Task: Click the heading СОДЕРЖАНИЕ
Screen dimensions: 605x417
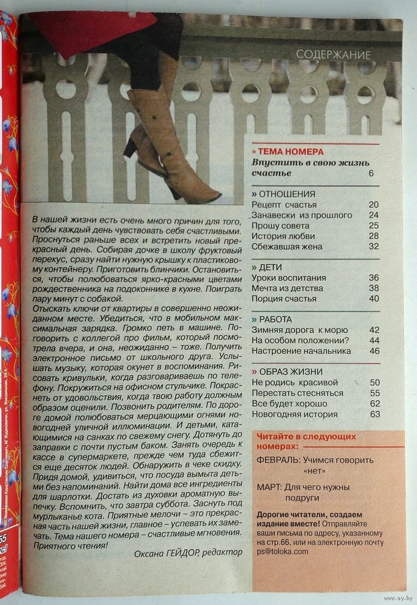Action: [333, 55]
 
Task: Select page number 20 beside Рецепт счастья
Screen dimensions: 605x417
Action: [373, 204]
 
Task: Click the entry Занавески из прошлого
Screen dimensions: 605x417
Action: [301, 215]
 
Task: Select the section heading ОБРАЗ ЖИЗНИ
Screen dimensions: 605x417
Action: [291, 371]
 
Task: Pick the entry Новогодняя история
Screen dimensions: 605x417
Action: [295, 414]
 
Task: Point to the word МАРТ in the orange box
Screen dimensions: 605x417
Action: [269, 486]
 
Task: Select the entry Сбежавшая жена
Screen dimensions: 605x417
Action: [287, 246]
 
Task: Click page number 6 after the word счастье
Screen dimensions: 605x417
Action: [370, 174]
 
